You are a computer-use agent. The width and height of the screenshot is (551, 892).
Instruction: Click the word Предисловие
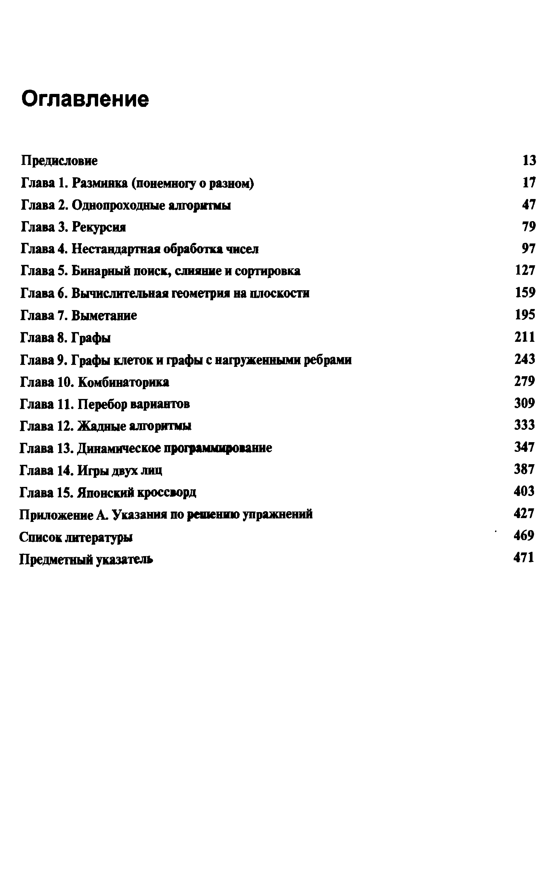pyautogui.click(x=59, y=161)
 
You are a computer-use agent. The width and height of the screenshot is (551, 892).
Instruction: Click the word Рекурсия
pyautogui.click(x=99, y=227)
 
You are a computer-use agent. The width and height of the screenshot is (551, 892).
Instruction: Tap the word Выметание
pyautogui.click(x=104, y=315)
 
